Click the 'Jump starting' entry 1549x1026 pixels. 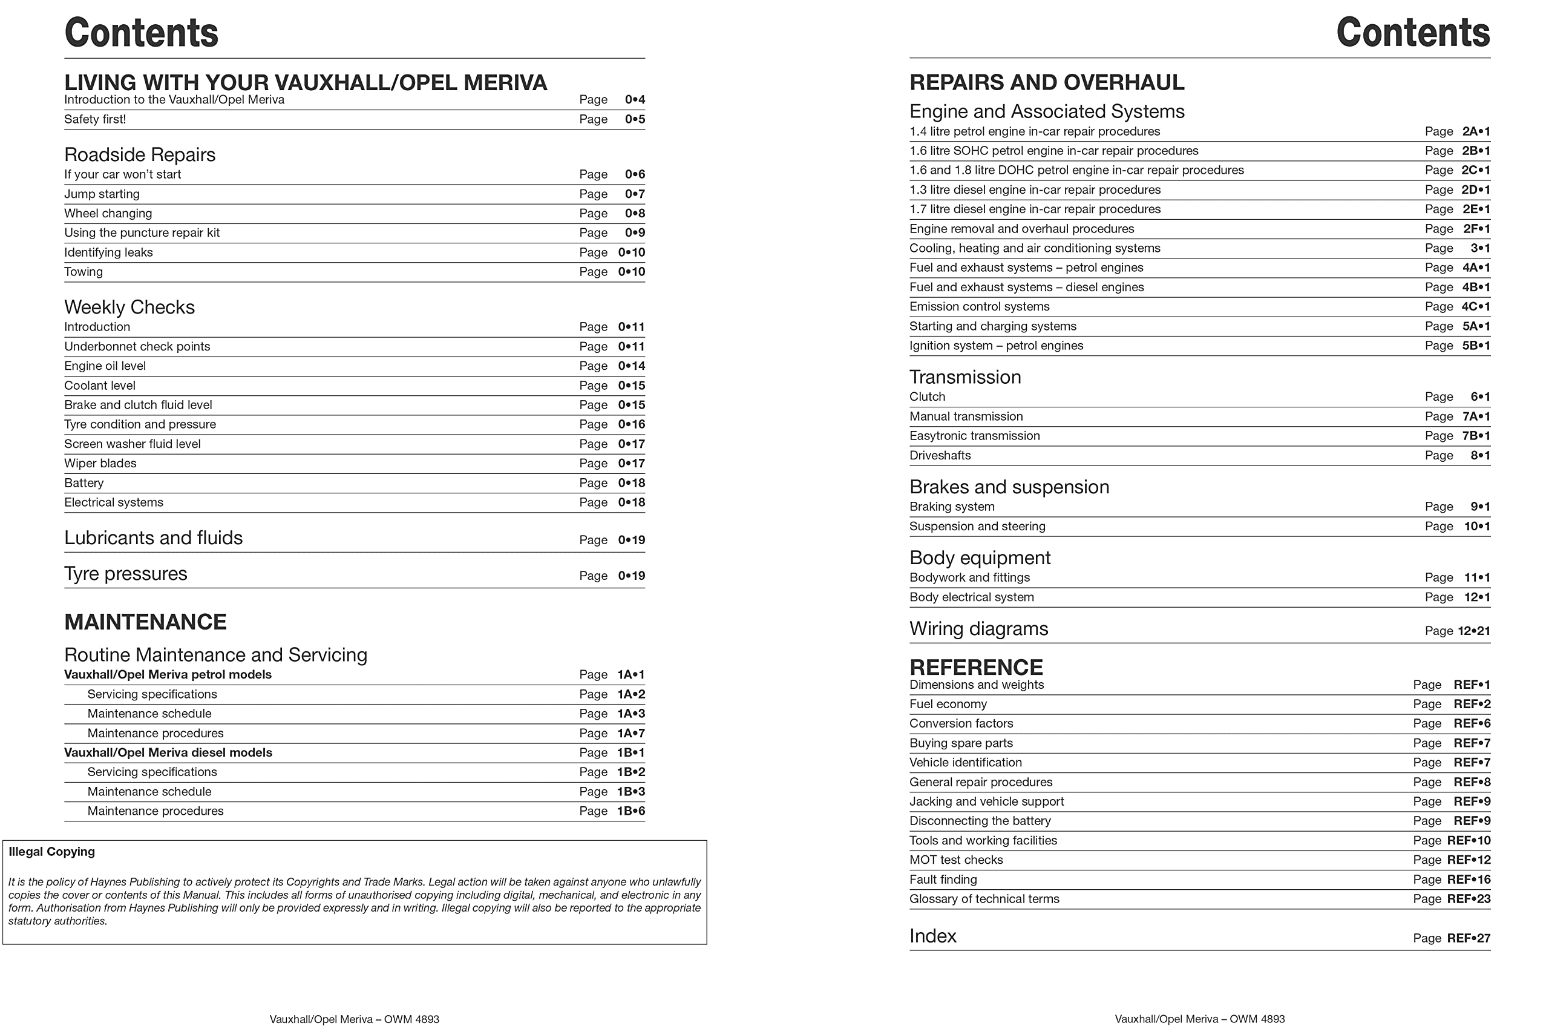coord(102,194)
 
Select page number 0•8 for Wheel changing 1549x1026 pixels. coord(634,213)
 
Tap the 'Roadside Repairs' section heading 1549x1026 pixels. coord(139,155)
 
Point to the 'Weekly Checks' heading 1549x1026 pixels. coord(129,307)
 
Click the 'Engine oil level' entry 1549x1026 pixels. coord(105,366)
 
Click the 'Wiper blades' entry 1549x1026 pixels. coord(100,464)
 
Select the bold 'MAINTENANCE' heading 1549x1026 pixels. coord(145,622)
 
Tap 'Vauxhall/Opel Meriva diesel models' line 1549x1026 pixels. coord(168,753)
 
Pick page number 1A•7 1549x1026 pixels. coord(630,734)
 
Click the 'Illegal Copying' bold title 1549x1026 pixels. coord(51,852)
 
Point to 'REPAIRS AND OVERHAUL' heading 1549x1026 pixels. coord(1047,82)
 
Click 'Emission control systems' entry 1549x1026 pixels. coord(979,307)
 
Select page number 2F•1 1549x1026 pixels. coord(1476,229)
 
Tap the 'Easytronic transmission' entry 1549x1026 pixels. coord(974,436)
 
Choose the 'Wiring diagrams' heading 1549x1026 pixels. coord(978,630)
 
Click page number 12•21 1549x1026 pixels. coord(1473,631)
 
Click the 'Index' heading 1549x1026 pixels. coord(933,936)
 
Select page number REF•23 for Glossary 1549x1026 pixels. coord(1468,899)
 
